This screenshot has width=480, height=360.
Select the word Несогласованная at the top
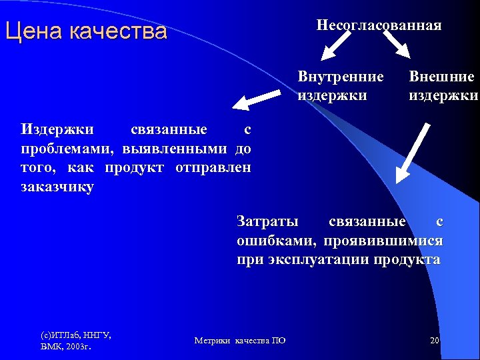[x=379, y=25]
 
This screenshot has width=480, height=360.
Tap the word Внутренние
[x=341, y=77]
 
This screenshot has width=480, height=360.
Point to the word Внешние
[x=441, y=77]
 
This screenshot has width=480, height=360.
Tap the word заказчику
[x=57, y=187]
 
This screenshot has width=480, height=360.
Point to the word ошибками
[x=267, y=240]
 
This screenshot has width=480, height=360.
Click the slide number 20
[x=434, y=341]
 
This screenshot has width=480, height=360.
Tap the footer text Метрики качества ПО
[x=240, y=341]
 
